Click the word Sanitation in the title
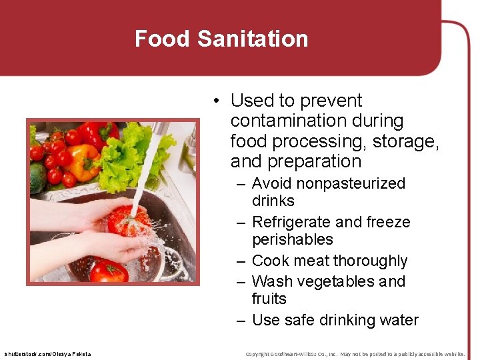[x=253, y=39]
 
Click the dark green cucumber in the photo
[x=37, y=177]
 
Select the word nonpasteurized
[x=351, y=183]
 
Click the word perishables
[x=292, y=239]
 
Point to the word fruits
[x=269, y=299]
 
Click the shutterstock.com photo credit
[x=47, y=353]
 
